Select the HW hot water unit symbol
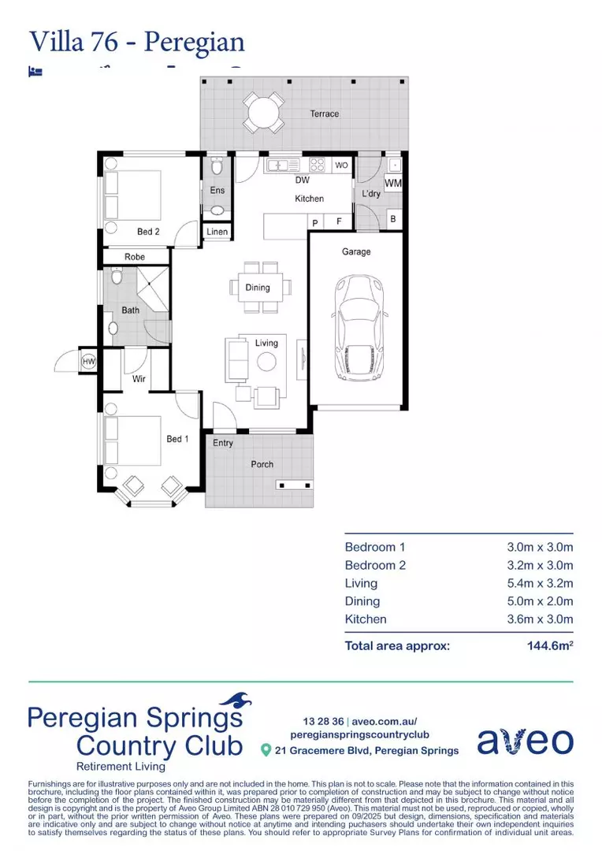(88, 361)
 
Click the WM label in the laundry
(392, 184)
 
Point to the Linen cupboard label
(217, 232)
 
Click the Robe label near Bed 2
(135, 257)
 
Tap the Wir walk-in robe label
(138, 379)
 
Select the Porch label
(262, 464)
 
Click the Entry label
(223, 443)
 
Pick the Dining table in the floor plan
(258, 288)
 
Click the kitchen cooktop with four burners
(317, 165)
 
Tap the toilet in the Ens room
(217, 168)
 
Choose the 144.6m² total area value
(549, 646)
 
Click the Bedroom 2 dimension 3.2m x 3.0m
(539, 565)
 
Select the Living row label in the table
(361, 583)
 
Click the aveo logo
(525, 740)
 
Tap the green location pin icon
(266, 750)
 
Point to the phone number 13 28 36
(323, 721)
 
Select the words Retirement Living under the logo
(121, 767)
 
